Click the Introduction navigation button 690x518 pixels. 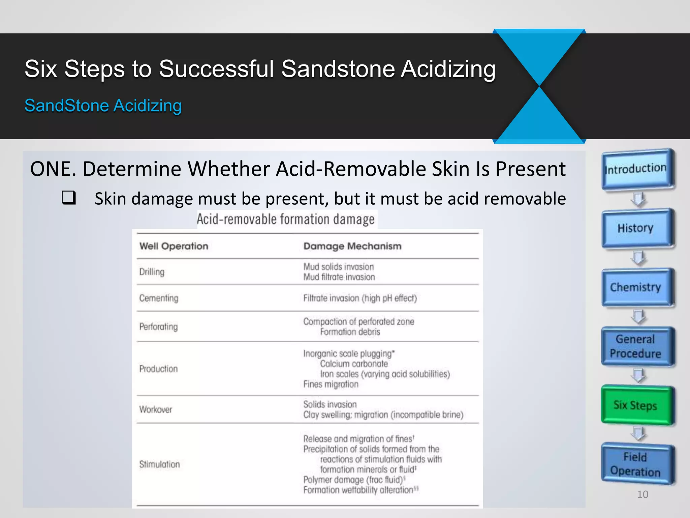[x=637, y=169]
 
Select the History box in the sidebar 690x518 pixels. [x=637, y=228]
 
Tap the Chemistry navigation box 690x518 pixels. [x=637, y=287]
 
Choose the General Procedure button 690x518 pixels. [x=637, y=346]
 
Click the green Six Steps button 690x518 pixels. [x=637, y=405]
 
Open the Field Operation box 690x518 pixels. [x=637, y=464]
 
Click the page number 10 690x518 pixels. [x=642, y=494]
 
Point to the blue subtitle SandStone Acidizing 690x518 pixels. [x=103, y=106]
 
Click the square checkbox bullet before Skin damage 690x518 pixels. [x=68, y=198]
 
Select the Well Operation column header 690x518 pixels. [x=174, y=246]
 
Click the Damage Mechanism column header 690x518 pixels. [x=352, y=246]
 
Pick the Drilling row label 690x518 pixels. [x=152, y=272]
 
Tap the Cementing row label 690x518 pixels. [x=159, y=298]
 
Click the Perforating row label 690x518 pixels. [x=158, y=327]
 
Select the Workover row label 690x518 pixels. [x=156, y=409]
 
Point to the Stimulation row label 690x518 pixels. [x=159, y=464]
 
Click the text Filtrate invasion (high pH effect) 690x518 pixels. [x=360, y=298]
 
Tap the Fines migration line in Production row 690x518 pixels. [x=331, y=384]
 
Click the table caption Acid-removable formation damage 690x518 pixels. [x=286, y=220]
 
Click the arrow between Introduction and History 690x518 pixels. [x=638, y=199]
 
